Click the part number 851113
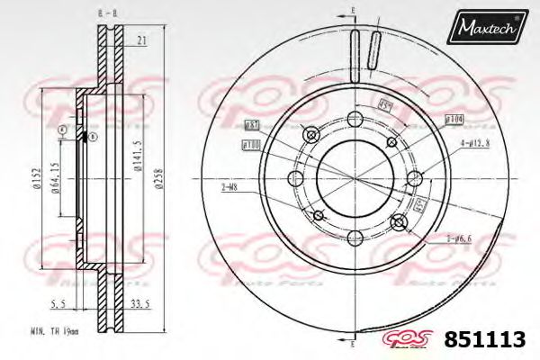(486, 341)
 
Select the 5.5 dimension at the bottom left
(56, 304)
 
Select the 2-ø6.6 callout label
(459, 239)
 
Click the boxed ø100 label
(250, 144)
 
